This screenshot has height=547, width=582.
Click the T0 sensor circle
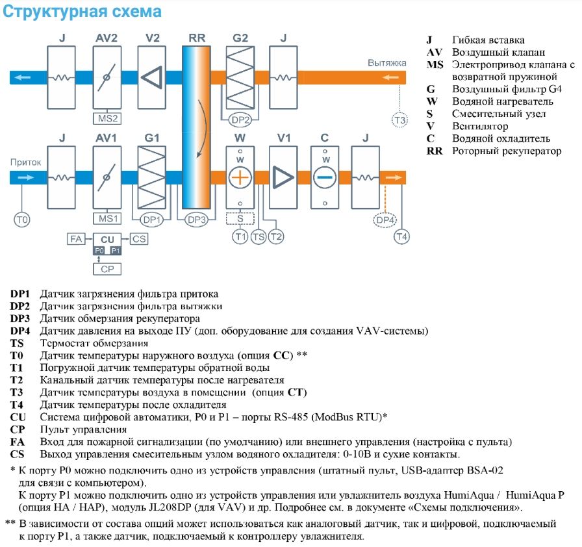point(22,220)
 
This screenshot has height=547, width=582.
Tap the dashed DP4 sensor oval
point(385,220)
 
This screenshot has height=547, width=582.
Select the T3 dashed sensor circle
point(399,120)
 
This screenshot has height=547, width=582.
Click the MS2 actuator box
point(107,119)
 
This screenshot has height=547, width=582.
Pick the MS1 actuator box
point(107,218)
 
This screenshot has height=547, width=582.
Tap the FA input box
point(75,239)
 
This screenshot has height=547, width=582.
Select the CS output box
point(139,239)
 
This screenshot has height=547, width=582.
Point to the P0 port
point(99,250)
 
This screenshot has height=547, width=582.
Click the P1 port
point(115,250)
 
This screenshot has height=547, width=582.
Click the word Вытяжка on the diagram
point(386,63)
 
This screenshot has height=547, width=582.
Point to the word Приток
point(23,162)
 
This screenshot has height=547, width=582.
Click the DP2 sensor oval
point(240,120)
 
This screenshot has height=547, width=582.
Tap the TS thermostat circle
point(259,237)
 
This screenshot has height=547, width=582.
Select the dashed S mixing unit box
point(240,218)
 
